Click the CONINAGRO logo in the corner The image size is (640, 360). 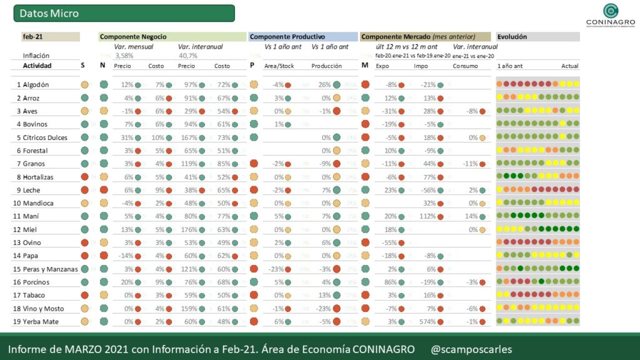coord(610,15)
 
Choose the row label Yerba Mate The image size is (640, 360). coord(39,321)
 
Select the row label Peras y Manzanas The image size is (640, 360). coord(47,269)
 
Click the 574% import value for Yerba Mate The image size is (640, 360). coord(426,321)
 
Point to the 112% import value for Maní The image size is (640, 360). coord(427,216)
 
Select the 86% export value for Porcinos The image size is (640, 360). coord(390,282)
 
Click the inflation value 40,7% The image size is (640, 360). coord(187,56)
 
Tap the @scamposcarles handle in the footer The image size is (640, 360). coord(471,348)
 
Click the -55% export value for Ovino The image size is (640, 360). coord(389,242)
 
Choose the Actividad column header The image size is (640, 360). coord(37,66)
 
